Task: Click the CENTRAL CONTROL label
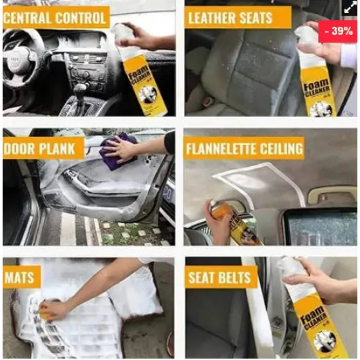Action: tap(55, 18)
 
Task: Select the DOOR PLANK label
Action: tap(43, 149)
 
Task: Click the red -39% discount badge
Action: tap(338, 31)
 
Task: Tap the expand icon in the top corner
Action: tap(350, 8)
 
